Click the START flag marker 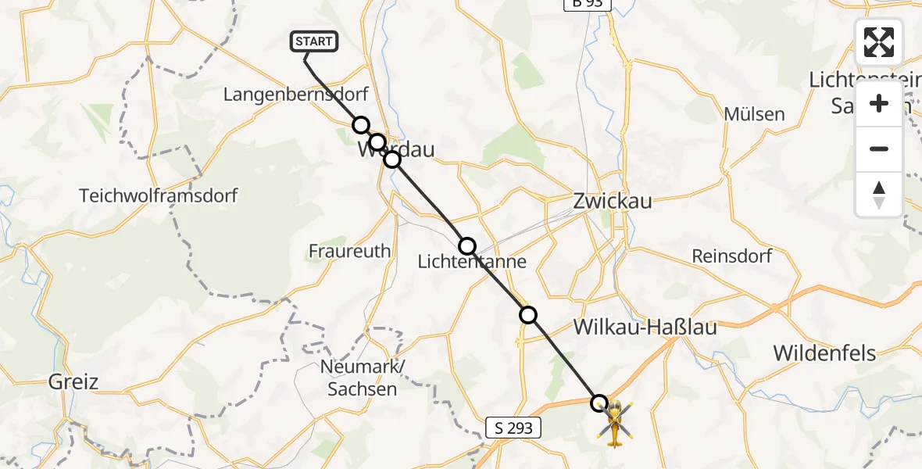coord(314,41)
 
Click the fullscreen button coord(879,42)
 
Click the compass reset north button coord(879,195)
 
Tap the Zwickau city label coord(613,201)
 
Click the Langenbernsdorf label coord(295,95)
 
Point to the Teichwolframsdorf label coord(158,195)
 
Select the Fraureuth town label coord(349,251)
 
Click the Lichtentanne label coord(472,263)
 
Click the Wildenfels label coord(825,353)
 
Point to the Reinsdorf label coord(732,256)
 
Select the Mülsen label coord(754,114)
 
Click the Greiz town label coord(73,382)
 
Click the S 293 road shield coord(514,428)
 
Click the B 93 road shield coord(587,5)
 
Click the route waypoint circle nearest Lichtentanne coord(467,246)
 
